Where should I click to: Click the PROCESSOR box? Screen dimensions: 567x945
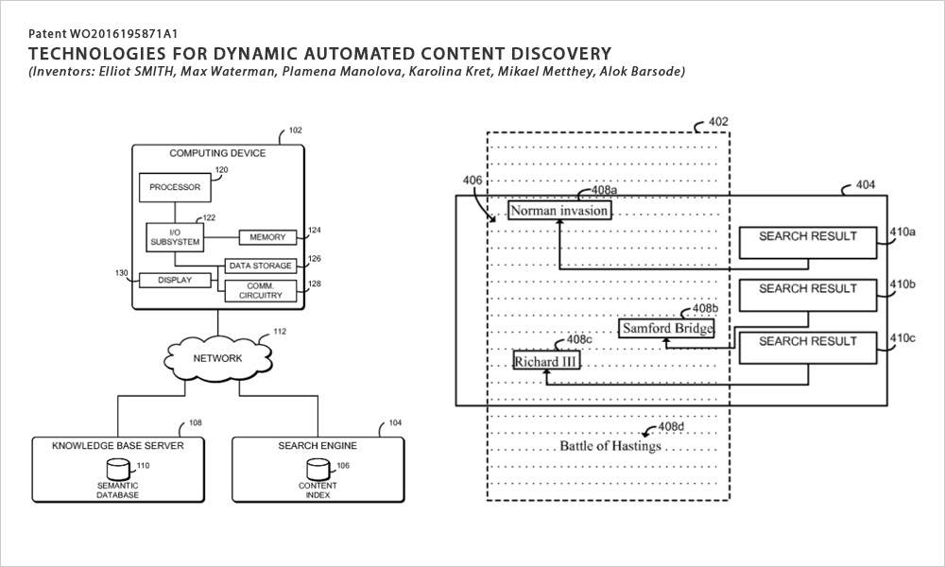(174, 187)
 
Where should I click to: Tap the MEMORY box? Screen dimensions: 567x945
(266, 237)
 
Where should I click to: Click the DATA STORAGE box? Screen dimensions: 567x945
(260, 266)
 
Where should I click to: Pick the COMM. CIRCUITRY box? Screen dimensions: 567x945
(260, 290)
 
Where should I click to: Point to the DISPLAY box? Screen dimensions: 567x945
(174, 280)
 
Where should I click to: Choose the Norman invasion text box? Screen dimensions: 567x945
(558, 211)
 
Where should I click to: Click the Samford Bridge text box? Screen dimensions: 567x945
(666, 329)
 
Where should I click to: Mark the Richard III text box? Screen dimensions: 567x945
(545, 361)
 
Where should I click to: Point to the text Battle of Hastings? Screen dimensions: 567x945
(610, 445)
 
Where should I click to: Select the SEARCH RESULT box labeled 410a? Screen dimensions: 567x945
(807, 243)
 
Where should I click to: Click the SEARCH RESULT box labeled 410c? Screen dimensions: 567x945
(807, 348)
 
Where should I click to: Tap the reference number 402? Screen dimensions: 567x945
(718, 122)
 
